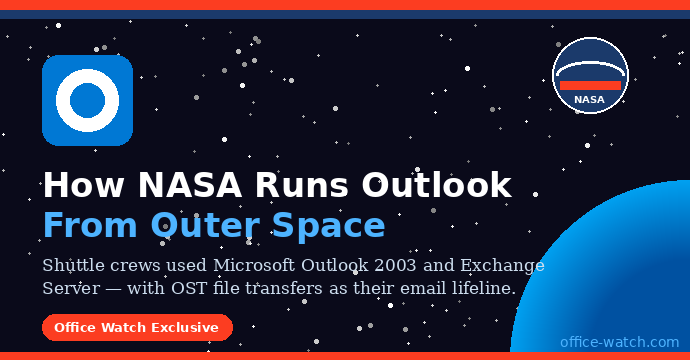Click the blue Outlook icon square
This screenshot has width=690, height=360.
coord(87,100)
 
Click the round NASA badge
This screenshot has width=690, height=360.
coord(590,75)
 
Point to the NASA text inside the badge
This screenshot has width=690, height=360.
coord(589,100)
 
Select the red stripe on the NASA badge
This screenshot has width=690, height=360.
coord(590,86)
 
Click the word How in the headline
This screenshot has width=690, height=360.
coord(82,185)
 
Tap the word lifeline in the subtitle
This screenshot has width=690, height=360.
coord(481,288)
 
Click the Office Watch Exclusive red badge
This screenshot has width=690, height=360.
coord(137,327)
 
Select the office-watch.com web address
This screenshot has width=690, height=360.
coord(620,341)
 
